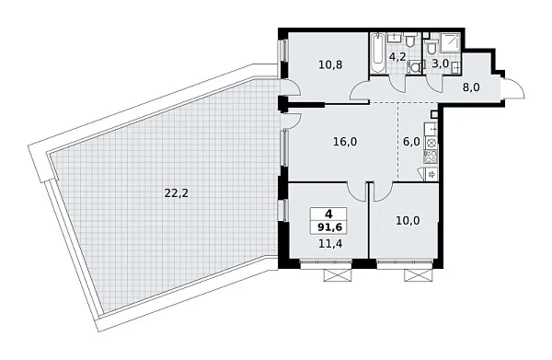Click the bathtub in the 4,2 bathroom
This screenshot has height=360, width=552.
pyautogui.click(x=378, y=55)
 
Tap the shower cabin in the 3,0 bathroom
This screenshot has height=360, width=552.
pyautogui.click(x=451, y=42)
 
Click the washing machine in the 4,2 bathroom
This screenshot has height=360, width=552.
pyautogui.click(x=411, y=66)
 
